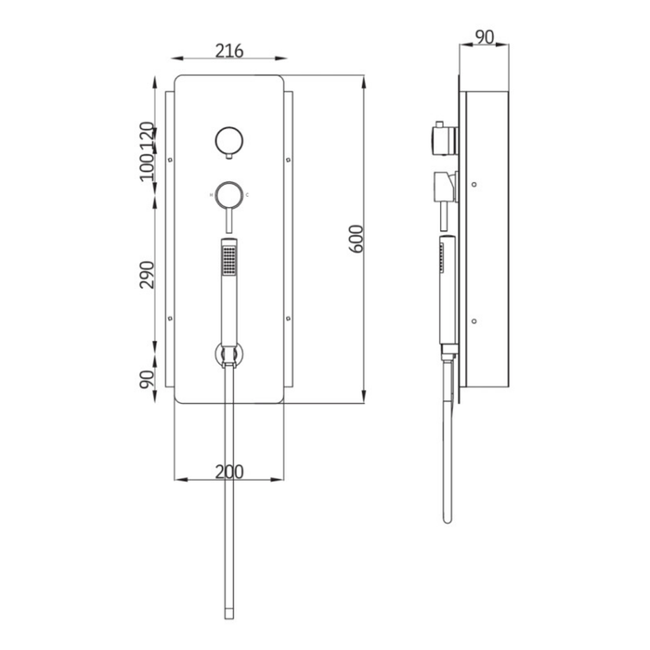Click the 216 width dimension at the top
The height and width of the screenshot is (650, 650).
pyautogui.click(x=228, y=51)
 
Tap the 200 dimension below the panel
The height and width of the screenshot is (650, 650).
pyautogui.click(x=228, y=472)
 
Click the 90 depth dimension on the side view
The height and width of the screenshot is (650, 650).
pyautogui.click(x=483, y=36)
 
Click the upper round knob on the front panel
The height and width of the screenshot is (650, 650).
pyautogui.click(x=228, y=140)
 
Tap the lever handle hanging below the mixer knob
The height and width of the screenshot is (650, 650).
pyautogui.click(x=228, y=221)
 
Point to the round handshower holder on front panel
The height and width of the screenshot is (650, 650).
pyautogui.click(x=228, y=354)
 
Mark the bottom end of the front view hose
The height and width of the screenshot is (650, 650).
pyautogui.click(x=228, y=613)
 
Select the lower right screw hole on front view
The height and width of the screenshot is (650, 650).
pyautogui.click(x=288, y=318)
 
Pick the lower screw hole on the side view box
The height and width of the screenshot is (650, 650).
pyautogui.click(x=474, y=321)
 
